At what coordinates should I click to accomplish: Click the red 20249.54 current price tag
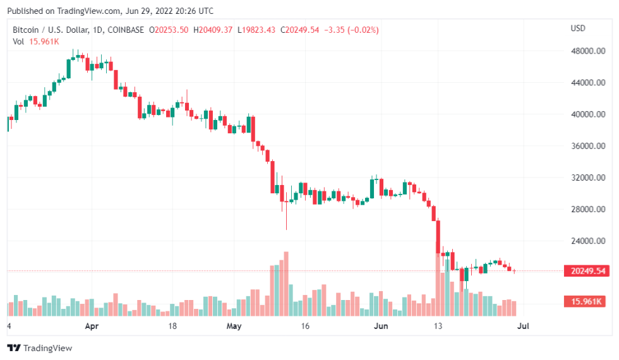pyautogui.click(x=588, y=271)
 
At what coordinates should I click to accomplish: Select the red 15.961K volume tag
pyautogui.click(x=588, y=301)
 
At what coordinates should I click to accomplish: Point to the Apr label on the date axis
pyautogui.click(x=92, y=327)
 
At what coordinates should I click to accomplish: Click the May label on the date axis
pyautogui.click(x=234, y=327)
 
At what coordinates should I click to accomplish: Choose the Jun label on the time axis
pyautogui.click(x=380, y=327)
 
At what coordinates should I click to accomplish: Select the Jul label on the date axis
pyautogui.click(x=523, y=327)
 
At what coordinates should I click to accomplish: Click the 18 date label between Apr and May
pyautogui.click(x=172, y=327)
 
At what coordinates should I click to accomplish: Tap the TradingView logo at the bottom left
pyautogui.click(x=40, y=348)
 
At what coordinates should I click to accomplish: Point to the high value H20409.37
pyautogui.click(x=213, y=30)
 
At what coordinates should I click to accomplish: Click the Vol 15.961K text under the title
pyautogui.click(x=36, y=42)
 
